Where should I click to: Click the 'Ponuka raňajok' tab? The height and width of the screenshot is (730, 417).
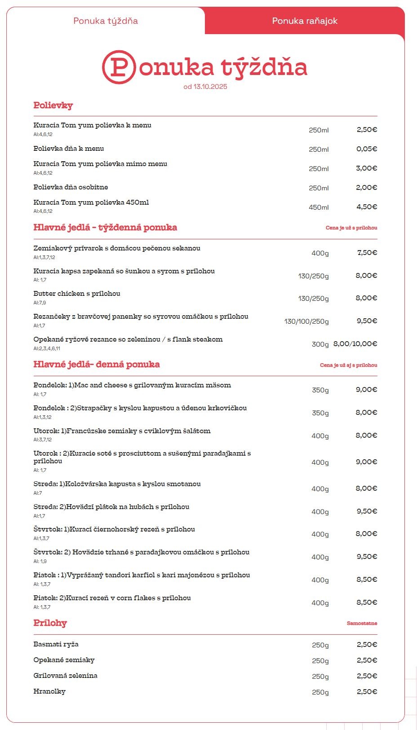tap(305, 21)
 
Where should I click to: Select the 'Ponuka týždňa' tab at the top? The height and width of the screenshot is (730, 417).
tap(106, 21)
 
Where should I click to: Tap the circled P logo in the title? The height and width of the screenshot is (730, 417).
tap(119, 67)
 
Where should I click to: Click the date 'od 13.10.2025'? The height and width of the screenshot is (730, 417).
tap(205, 87)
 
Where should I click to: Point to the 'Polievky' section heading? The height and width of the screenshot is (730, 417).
tap(53, 106)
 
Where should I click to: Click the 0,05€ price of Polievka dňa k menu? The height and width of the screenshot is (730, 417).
tap(367, 149)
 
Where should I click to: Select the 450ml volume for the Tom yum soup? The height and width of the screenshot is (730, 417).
tap(319, 207)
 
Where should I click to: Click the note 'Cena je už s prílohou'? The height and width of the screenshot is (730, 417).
tap(351, 228)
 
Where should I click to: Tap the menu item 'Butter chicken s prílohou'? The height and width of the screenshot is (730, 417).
tap(77, 294)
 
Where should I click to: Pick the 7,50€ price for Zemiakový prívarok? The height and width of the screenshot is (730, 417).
tap(367, 253)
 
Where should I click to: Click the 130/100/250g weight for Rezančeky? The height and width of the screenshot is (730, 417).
tap(306, 321)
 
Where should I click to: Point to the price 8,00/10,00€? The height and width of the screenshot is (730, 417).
tap(355, 344)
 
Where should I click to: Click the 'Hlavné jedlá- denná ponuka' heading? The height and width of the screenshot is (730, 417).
tap(97, 365)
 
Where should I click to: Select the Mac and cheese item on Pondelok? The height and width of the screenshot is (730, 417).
tap(132, 385)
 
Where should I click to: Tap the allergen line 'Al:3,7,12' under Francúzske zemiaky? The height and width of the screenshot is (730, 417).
tap(43, 440)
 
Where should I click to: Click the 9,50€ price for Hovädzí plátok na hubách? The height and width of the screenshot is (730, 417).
tap(367, 511)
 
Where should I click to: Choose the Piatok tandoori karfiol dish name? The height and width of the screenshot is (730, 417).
tap(142, 575)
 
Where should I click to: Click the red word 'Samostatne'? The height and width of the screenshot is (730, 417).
tap(362, 624)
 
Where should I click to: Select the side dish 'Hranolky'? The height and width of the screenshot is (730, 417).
tap(49, 691)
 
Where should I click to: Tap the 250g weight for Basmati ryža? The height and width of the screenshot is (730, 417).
tap(320, 645)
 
